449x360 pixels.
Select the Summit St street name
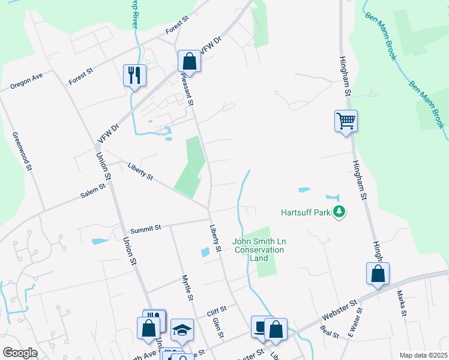pyautogui.click(x=146, y=228)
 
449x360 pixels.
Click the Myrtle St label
pyautogui.click(x=188, y=288)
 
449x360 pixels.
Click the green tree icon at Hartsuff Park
pyautogui.click(x=339, y=212)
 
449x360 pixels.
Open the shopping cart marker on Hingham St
pyautogui.click(x=346, y=121)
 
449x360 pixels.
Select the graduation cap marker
pyautogui.click(x=182, y=329)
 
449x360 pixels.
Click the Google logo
pyautogui.click(x=20, y=352)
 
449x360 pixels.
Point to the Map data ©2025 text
pyautogui.click(x=423, y=355)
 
